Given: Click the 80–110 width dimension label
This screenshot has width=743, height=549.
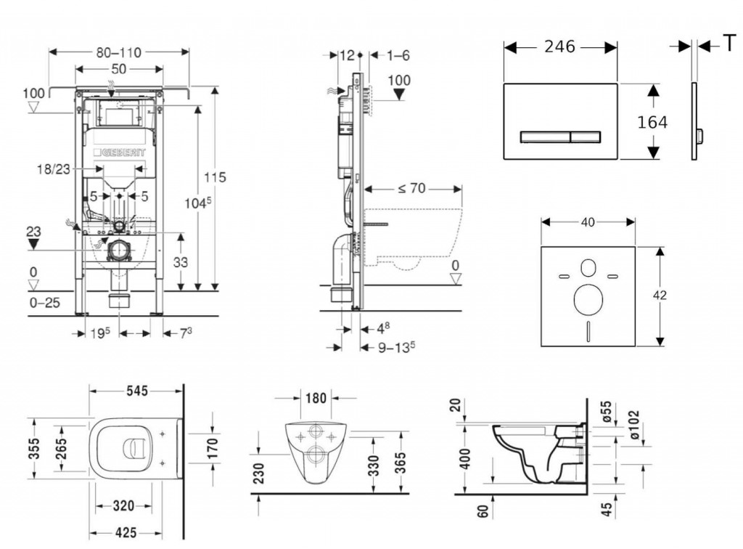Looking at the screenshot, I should (118, 52).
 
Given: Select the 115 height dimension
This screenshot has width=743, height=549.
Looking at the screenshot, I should (215, 176).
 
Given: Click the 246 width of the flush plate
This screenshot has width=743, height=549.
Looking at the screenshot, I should (559, 46).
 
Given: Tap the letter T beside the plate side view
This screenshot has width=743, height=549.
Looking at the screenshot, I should (728, 44).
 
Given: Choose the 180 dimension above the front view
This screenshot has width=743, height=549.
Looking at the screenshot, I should (314, 397).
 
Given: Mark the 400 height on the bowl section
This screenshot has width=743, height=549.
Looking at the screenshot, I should (465, 457).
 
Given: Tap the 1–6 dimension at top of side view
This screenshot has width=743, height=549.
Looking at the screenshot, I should (398, 55).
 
